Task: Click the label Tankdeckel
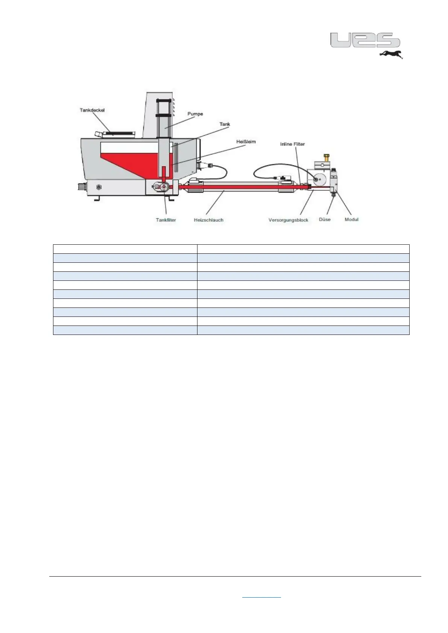(x=92, y=110)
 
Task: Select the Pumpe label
(x=195, y=114)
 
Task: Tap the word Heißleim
(x=246, y=142)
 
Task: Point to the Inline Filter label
(x=292, y=144)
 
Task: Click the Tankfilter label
(x=166, y=220)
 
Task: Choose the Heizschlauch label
(x=208, y=220)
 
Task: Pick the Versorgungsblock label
(x=288, y=220)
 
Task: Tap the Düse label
(x=325, y=219)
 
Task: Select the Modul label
(x=352, y=219)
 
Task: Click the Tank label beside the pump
(x=225, y=124)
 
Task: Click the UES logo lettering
(x=365, y=40)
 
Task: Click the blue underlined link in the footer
(x=261, y=597)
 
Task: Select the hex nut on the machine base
(x=99, y=186)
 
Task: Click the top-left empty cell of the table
(x=125, y=249)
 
